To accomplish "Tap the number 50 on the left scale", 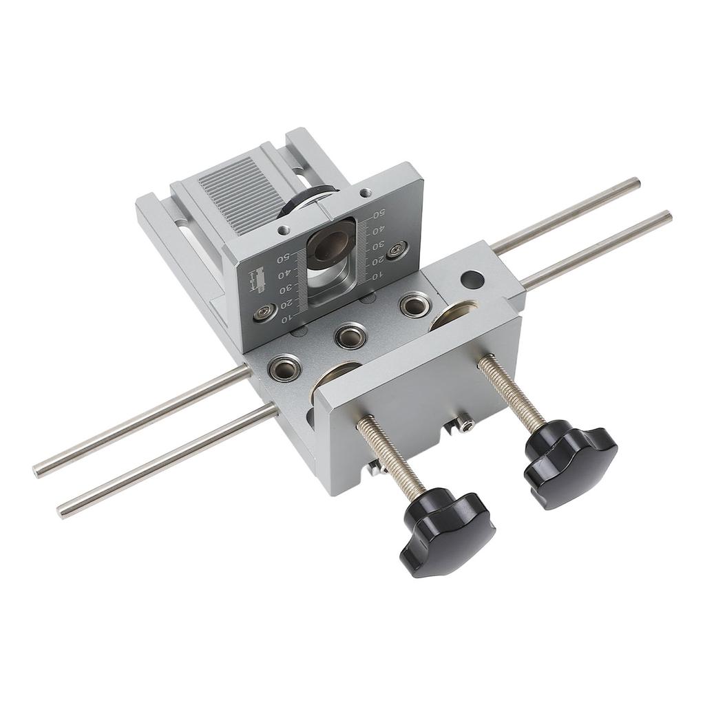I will pos(282,259).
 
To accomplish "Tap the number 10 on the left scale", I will pos(287,317).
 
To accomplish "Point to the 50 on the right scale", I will pos(378,215).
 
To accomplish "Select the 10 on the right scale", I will pos(377,276).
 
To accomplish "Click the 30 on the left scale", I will pos(284,288).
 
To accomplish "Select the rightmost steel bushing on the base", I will pos(414,304).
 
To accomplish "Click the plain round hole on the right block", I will pos(472,280).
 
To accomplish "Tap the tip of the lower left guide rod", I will pos(62,510).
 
